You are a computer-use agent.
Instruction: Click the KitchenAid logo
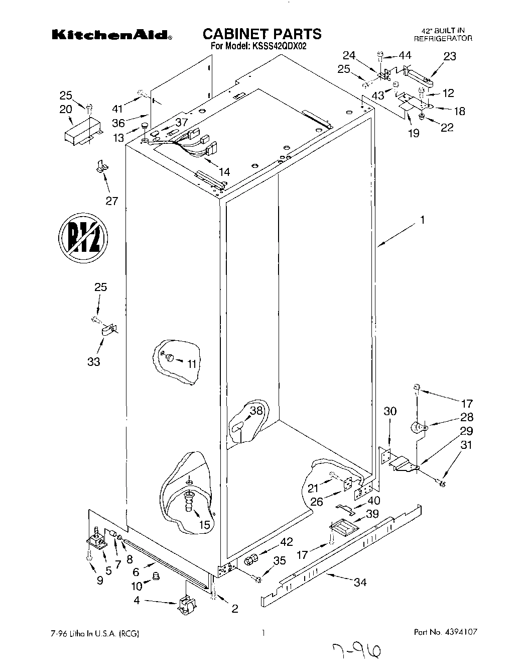pos(112,35)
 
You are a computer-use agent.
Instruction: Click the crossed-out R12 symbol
pos(82,238)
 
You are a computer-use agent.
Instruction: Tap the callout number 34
pos(360,583)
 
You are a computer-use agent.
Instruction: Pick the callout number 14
pos(224,172)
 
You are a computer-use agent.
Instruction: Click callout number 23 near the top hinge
pos(450,56)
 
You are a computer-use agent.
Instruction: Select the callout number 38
pos(256,410)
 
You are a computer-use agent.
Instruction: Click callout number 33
pos(94,361)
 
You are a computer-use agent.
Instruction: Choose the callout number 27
pos(111,201)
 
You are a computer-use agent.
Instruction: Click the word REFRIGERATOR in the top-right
pos(443,38)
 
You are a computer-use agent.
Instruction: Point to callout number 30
pos(390,411)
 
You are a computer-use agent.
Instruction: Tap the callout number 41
pos(117,108)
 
